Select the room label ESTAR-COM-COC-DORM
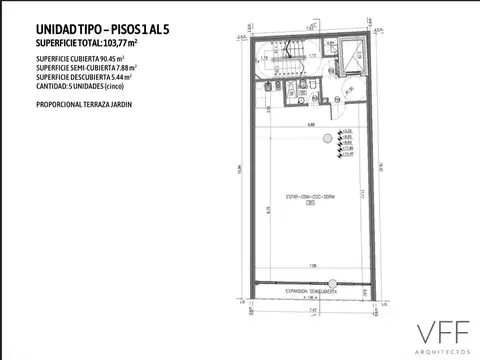[309, 196]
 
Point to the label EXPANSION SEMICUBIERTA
[309, 291]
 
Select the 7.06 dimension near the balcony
[314, 265]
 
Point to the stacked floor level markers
[347, 145]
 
